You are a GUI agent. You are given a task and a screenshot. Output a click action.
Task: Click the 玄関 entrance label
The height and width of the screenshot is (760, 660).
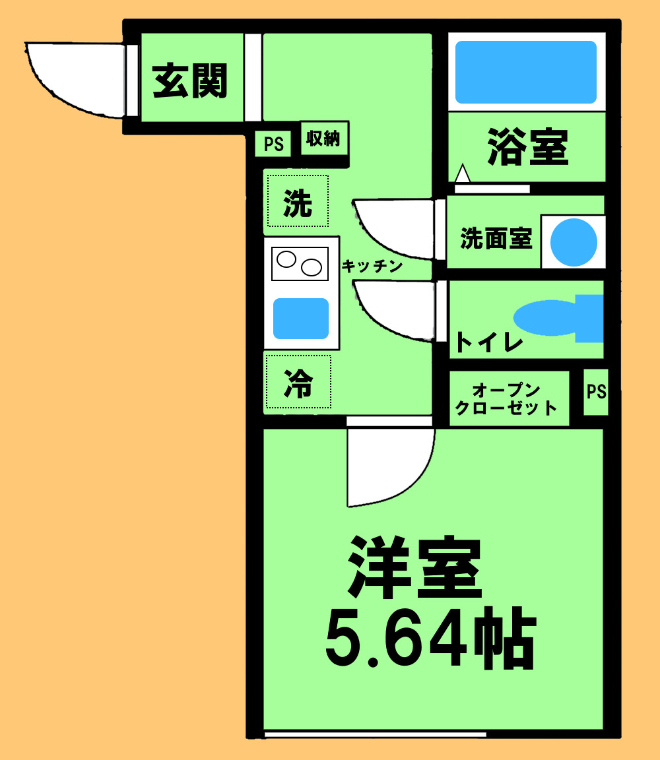(190, 81)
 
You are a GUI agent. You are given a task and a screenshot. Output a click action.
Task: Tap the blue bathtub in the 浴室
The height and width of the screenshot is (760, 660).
(526, 72)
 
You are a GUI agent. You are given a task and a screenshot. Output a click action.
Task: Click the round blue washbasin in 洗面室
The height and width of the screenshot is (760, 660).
(574, 242)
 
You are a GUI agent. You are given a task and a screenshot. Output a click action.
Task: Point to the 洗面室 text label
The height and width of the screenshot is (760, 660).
(496, 238)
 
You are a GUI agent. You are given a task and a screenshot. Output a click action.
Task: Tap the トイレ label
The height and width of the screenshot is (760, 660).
(488, 343)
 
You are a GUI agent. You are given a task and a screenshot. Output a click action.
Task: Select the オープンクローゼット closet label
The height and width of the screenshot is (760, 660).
(507, 398)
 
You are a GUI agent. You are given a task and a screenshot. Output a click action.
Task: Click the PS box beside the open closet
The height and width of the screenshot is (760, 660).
(596, 392)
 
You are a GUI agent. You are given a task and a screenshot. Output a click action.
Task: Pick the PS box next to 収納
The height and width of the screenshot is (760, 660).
(273, 144)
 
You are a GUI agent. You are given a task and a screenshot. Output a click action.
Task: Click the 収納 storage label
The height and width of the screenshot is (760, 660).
(323, 139)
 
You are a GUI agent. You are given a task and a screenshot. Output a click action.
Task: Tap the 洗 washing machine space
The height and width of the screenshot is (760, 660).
(298, 204)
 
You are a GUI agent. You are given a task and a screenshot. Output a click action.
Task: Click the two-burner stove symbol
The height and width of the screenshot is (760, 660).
(300, 263)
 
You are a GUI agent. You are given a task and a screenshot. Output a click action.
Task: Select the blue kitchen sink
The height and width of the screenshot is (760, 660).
(301, 318)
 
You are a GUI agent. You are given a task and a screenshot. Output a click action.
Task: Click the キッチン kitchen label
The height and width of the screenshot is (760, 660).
(372, 267)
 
